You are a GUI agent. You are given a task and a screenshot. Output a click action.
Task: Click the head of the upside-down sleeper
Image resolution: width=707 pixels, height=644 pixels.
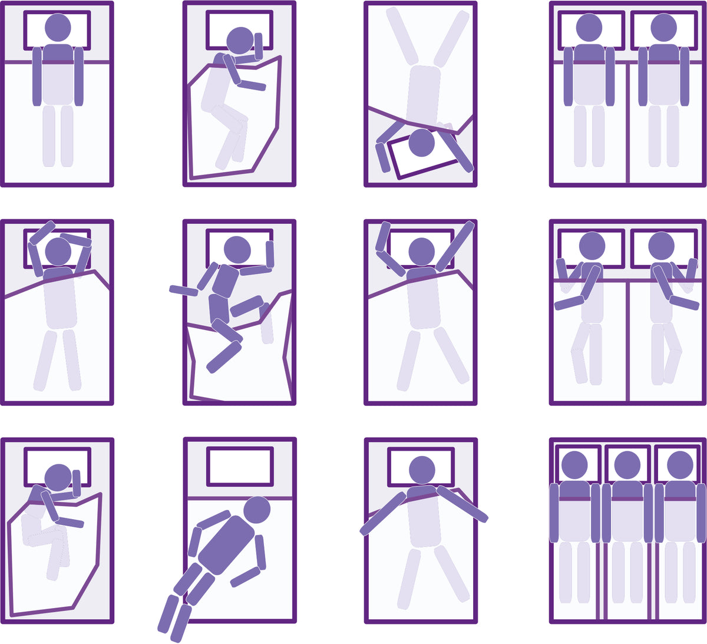421,143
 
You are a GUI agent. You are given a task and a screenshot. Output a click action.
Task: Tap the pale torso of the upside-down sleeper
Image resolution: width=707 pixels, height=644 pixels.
424,94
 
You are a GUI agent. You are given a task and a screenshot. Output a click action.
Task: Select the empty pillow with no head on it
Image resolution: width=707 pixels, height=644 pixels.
240,466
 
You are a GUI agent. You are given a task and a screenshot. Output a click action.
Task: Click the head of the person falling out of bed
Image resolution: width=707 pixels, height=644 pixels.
257,510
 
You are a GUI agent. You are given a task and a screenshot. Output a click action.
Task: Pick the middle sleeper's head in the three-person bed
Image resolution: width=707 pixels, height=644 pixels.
627,465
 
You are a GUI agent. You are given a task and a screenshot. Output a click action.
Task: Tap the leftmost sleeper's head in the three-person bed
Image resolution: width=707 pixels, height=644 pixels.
574,465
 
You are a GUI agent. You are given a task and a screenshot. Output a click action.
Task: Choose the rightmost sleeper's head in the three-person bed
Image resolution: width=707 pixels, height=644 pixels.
680,465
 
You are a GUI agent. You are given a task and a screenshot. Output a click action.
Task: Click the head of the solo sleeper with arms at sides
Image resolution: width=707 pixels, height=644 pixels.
58,28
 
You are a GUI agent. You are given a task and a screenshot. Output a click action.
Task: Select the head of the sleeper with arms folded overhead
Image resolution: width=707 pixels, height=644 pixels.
58,252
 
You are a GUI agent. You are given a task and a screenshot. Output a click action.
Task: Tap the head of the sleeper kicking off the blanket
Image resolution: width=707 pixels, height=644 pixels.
237,249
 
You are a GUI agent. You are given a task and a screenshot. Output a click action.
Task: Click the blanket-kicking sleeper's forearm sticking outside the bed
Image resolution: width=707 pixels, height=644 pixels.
183,290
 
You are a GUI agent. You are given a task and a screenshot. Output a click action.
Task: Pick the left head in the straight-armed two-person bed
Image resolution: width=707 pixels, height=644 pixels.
589,28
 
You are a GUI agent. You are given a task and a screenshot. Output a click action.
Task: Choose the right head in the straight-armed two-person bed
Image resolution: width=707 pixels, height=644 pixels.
664,28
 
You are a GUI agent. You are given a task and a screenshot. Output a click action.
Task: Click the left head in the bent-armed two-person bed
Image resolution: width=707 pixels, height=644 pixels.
592,246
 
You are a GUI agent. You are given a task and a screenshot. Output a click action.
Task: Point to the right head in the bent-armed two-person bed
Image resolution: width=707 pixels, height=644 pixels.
661,246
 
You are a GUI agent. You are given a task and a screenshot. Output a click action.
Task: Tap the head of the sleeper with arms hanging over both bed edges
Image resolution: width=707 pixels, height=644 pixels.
422,470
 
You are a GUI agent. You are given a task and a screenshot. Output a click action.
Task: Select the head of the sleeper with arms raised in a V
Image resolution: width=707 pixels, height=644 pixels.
421,251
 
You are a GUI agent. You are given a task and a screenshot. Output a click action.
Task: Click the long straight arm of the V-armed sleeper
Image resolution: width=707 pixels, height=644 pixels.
455,246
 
